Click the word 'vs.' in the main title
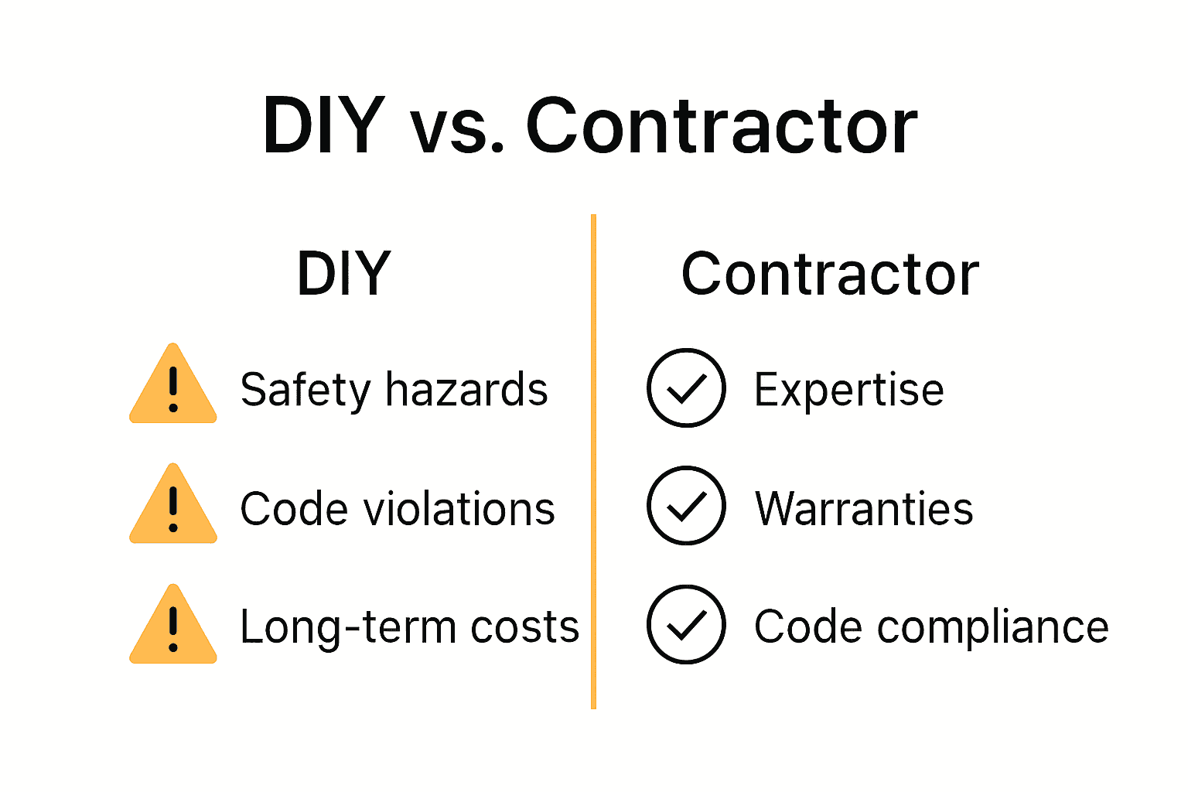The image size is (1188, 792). click(x=457, y=128)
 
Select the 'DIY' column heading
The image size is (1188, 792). click(x=344, y=274)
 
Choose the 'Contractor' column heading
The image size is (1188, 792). click(x=830, y=274)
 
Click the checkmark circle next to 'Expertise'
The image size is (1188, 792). click(x=686, y=388)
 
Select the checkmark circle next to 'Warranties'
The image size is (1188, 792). click(x=686, y=506)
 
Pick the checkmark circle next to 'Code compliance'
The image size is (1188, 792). click(x=686, y=625)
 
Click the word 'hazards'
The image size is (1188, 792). click(x=466, y=389)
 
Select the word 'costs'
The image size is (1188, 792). click(x=525, y=627)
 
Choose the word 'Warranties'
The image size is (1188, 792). click(x=864, y=509)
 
